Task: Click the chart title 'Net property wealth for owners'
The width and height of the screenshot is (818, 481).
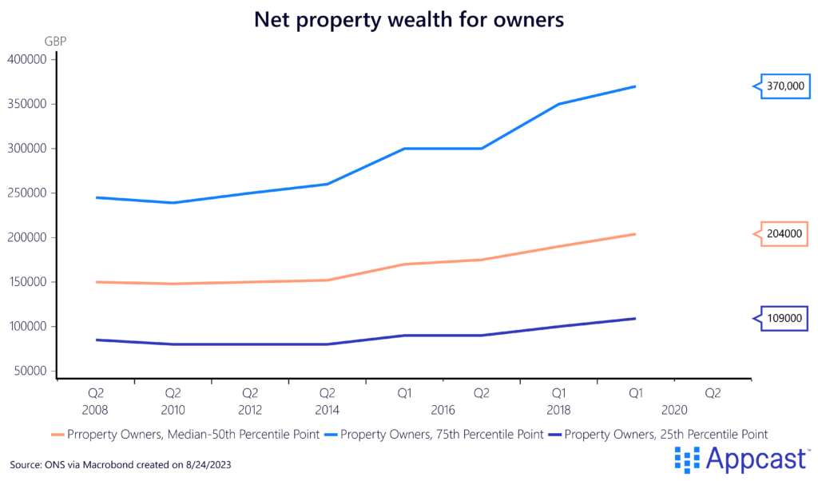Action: click(x=409, y=21)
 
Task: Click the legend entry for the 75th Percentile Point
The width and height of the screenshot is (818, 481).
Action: click(x=442, y=434)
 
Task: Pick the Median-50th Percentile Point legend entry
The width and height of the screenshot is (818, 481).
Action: click(x=188, y=434)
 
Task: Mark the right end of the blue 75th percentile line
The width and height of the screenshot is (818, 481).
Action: click(x=635, y=86)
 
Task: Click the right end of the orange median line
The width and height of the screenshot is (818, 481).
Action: click(x=635, y=234)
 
